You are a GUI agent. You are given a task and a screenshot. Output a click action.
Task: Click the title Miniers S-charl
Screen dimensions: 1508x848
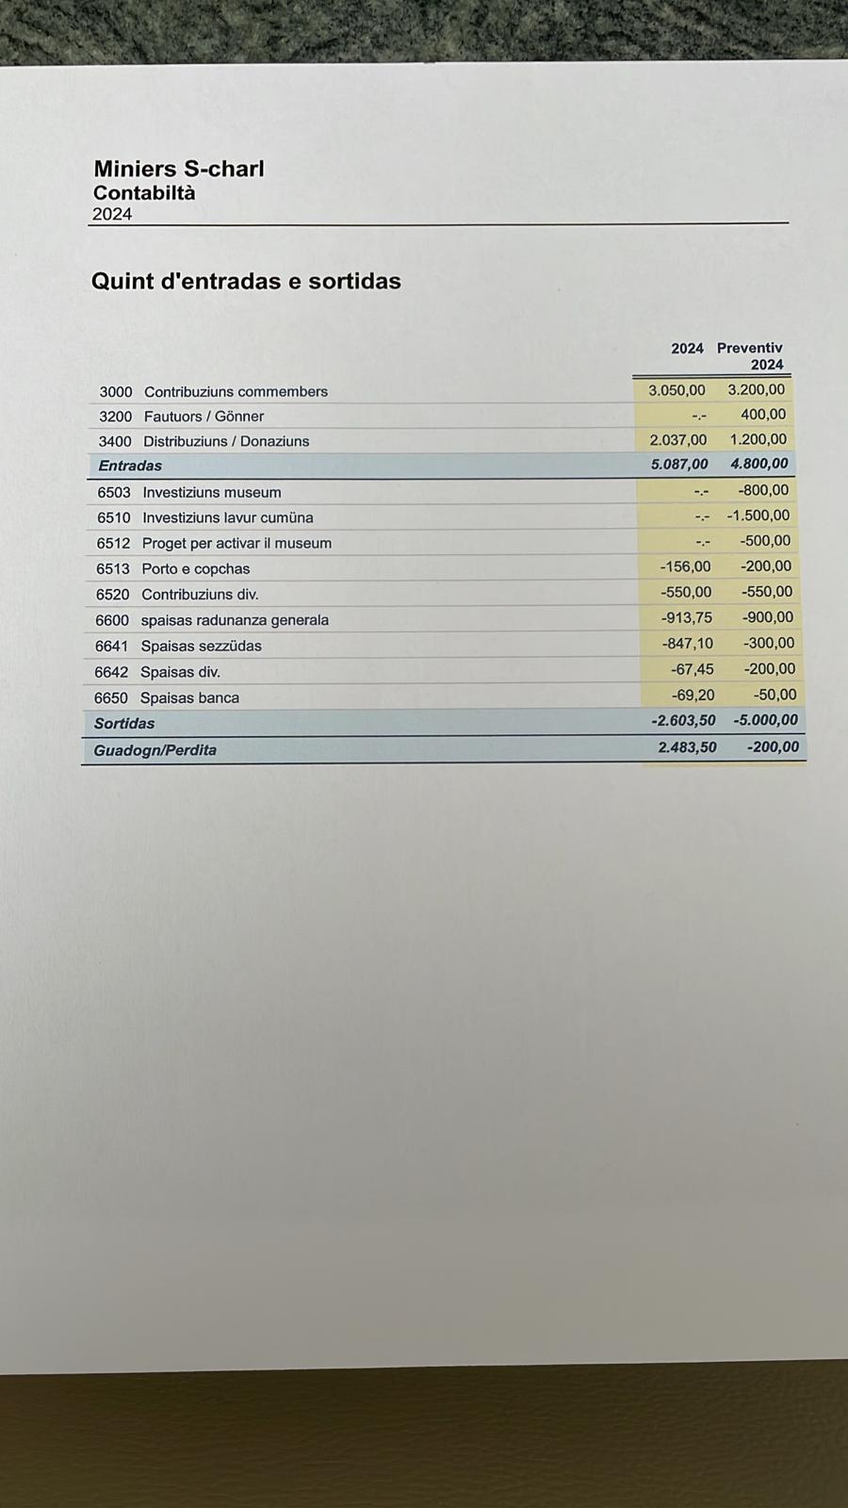[x=179, y=169]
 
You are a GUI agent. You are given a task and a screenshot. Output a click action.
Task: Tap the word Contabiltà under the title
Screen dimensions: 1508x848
[x=144, y=192]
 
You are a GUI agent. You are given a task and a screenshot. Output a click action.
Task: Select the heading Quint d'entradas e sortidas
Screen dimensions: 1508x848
[x=246, y=281]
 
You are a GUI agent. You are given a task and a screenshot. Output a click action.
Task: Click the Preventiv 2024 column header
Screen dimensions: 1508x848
[x=751, y=356]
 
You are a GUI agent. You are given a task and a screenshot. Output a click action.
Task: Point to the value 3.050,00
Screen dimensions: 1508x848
[x=677, y=390]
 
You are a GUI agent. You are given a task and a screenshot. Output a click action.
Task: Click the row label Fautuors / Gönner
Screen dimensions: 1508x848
[x=204, y=417]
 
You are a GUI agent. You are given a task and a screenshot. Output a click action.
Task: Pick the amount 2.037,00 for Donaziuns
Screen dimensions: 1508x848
[x=677, y=440]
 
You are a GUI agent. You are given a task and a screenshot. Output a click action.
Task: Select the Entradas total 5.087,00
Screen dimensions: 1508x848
[x=679, y=465]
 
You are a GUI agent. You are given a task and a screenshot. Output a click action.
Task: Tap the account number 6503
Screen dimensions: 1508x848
[x=114, y=492]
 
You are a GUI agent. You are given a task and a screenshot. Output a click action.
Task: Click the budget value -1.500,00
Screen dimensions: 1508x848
[x=758, y=516]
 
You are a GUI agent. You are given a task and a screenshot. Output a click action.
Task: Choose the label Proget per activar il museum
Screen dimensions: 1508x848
[x=236, y=543]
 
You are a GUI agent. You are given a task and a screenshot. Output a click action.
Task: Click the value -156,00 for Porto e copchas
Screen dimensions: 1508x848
[x=685, y=567]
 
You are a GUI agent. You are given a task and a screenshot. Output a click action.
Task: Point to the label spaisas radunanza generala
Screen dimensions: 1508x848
[x=235, y=620]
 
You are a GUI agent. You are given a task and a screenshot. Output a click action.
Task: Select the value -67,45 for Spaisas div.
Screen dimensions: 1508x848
[x=692, y=669]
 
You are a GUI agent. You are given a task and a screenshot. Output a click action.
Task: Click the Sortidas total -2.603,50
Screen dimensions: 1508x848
[x=683, y=721]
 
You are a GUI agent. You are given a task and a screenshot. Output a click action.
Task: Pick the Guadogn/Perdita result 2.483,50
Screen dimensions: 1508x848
[x=687, y=747]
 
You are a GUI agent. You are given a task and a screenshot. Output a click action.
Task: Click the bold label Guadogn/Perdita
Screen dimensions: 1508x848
[x=155, y=750]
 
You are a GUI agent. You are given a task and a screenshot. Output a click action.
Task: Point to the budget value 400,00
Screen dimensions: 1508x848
[x=763, y=415]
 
